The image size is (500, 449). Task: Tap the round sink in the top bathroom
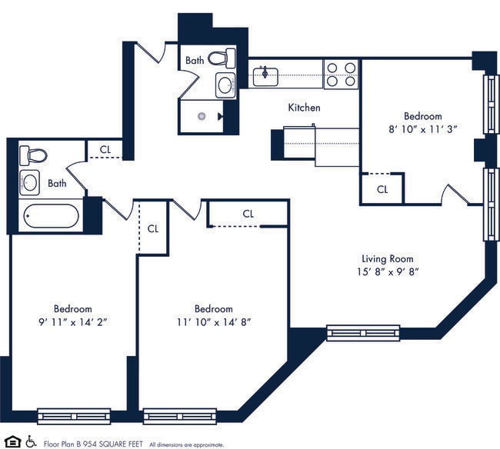(226, 85)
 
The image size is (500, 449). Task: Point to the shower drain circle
(202, 117)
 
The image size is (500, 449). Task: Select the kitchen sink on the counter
(266, 75)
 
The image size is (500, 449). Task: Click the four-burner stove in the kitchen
(342, 74)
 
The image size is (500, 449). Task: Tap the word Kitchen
(304, 108)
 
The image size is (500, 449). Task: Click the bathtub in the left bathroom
(51, 216)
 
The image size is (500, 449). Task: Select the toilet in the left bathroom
(33, 155)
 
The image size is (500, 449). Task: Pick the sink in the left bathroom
(30, 183)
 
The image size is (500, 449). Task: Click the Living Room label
(388, 258)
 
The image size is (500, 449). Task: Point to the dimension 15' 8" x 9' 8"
(388, 271)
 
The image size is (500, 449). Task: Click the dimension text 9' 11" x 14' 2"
(73, 321)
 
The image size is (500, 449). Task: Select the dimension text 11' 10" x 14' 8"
(213, 321)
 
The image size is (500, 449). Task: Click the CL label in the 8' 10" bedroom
(382, 189)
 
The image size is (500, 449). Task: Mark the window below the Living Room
(362, 333)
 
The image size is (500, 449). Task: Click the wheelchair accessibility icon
(31, 441)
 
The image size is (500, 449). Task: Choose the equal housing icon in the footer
(12, 441)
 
